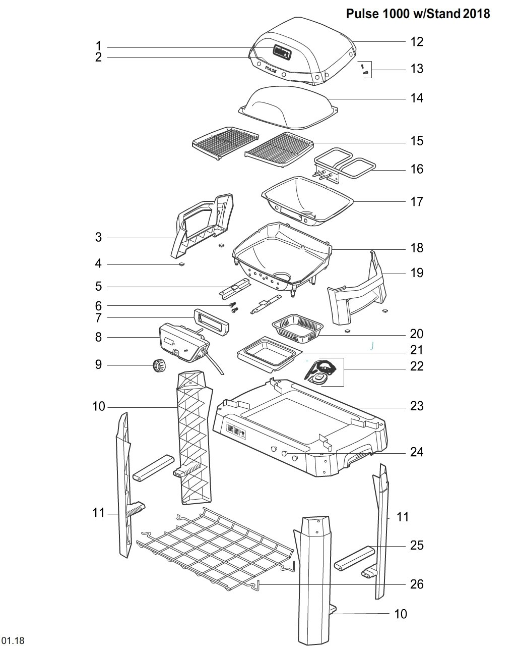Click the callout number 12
pyautogui.click(x=416, y=42)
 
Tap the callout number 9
pyautogui.click(x=98, y=365)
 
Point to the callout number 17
pyautogui.click(x=416, y=202)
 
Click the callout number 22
pyautogui.click(x=417, y=366)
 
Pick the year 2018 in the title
pyautogui.click(x=476, y=14)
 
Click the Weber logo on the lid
pyautogui.click(x=282, y=52)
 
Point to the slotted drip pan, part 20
pyautogui.click(x=297, y=328)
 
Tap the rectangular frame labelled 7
pyautogui.click(x=211, y=322)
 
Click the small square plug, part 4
pyautogui.click(x=182, y=264)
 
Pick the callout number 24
pyautogui.click(x=417, y=452)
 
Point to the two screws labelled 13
pyautogui.click(x=364, y=69)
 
